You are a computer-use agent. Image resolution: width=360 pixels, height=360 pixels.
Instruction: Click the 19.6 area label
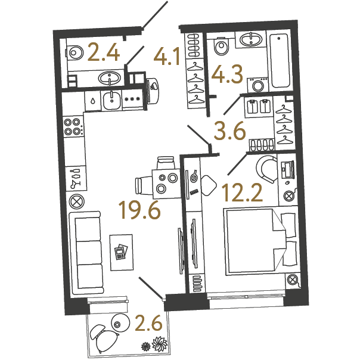tap(139, 210)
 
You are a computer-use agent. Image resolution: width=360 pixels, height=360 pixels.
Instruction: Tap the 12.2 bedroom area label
tap(242, 193)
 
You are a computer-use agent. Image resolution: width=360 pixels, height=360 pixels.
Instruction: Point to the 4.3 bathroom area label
tap(227, 74)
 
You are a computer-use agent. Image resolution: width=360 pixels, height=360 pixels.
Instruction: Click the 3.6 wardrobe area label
tap(229, 131)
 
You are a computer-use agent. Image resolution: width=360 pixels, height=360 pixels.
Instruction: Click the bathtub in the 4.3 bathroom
tap(280, 61)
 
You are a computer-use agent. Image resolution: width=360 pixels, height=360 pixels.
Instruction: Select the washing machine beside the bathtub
tap(257, 85)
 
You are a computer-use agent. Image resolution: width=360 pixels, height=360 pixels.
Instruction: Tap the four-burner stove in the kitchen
tap(73, 127)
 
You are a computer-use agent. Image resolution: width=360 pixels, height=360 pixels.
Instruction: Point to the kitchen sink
tap(111, 101)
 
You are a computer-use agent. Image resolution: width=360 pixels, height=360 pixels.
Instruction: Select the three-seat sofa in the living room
tap(86, 253)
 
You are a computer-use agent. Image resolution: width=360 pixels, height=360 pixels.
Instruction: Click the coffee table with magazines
tap(122, 253)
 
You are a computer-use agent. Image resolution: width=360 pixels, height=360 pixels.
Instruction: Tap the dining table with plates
tap(167, 184)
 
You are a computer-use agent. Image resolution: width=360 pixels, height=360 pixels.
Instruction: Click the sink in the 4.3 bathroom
tap(251, 39)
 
